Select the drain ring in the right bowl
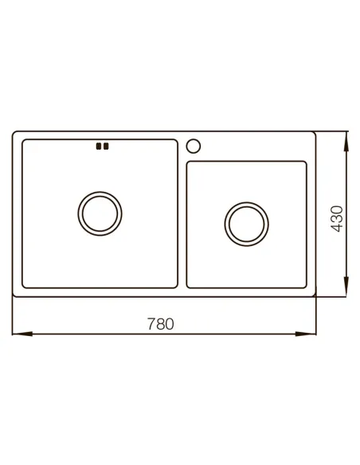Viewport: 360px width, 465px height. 246,221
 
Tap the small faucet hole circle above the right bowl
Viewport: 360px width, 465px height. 192,146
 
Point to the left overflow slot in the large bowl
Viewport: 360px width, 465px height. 98,146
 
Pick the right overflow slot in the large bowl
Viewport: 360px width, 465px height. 105,146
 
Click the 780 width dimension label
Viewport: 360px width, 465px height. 160,324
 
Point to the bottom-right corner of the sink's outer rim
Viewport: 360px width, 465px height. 315,295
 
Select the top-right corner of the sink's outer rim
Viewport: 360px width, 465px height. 315,134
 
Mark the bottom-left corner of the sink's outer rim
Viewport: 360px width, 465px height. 14,295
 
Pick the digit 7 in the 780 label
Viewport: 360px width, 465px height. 151,324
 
